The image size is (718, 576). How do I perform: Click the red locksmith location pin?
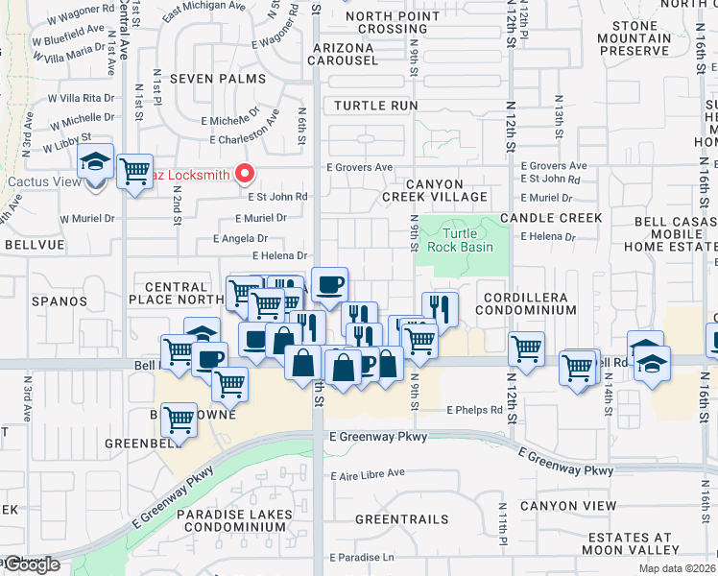tap(245, 173)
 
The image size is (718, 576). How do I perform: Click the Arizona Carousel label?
tap(343, 54)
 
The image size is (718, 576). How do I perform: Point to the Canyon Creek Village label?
tap(435, 190)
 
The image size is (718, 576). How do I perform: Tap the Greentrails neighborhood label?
tap(401, 519)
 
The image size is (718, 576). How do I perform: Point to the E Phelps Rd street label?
tap(475, 410)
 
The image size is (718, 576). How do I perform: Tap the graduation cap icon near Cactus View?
tap(95, 161)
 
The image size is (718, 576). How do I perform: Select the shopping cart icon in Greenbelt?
tap(179, 419)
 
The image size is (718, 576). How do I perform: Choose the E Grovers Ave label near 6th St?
tap(360, 167)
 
